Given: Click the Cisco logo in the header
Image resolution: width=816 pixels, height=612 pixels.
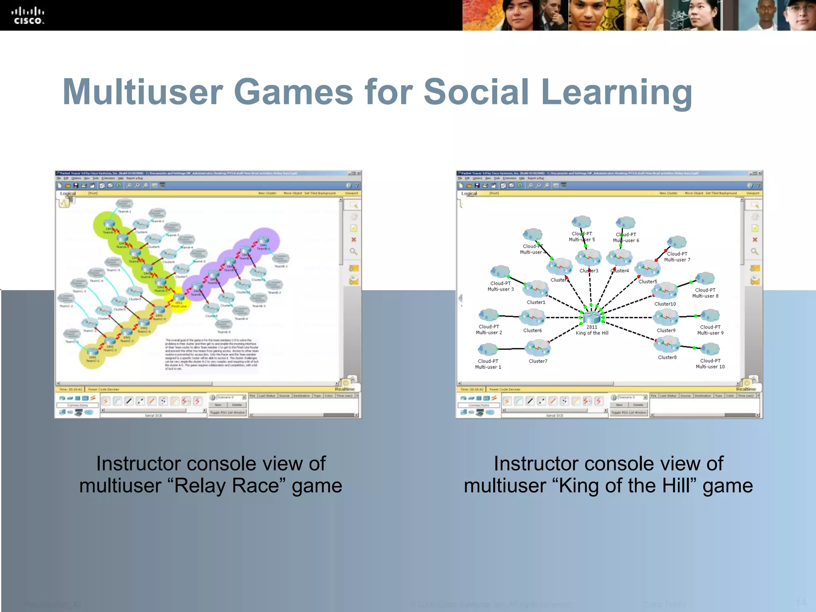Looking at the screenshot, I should pyautogui.click(x=27, y=16).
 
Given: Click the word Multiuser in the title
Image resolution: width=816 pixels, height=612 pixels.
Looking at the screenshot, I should pyautogui.click(x=142, y=92).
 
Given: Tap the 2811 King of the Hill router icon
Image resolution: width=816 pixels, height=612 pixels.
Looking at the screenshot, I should pyautogui.click(x=592, y=317).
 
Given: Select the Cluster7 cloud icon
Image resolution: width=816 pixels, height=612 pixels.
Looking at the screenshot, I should pyautogui.click(x=537, y=347).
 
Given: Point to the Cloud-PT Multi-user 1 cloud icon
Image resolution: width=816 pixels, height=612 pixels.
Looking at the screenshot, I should pyautogui.click(x=488, y=349).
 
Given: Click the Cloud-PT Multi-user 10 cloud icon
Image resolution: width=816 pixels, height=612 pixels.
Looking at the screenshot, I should pyautogui.click(x=710, y=349).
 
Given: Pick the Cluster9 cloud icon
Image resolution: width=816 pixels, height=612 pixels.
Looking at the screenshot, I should pyautogui.click(x=666, y=317).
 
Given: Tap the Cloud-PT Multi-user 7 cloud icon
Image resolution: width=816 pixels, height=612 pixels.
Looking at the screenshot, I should pyautogui.click(x=677, y=242).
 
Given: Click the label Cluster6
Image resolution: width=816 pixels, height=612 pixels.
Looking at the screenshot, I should pyautogui.click(x=532, y=330).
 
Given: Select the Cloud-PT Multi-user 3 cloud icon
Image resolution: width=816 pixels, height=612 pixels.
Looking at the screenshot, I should pyautogui.click(x=500, y=272).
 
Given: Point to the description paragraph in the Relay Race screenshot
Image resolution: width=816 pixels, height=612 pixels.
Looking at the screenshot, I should pyautogui.click(x=212, y=354).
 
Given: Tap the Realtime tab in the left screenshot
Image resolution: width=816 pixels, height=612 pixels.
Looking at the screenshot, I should pyautogui.click(x=345, y=389).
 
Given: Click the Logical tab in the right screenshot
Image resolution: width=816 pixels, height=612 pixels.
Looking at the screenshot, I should pyautogui.click(x=469, y=193).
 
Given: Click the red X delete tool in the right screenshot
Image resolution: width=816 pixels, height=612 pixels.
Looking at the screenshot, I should pyautogui.click(x=755, y=240).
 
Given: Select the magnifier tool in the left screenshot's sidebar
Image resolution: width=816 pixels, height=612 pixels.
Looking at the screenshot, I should pyautogui.click(x=353, y=251).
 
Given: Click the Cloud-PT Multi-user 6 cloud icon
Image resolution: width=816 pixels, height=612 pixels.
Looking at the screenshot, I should pyautogui.click(x=626, y=223).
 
